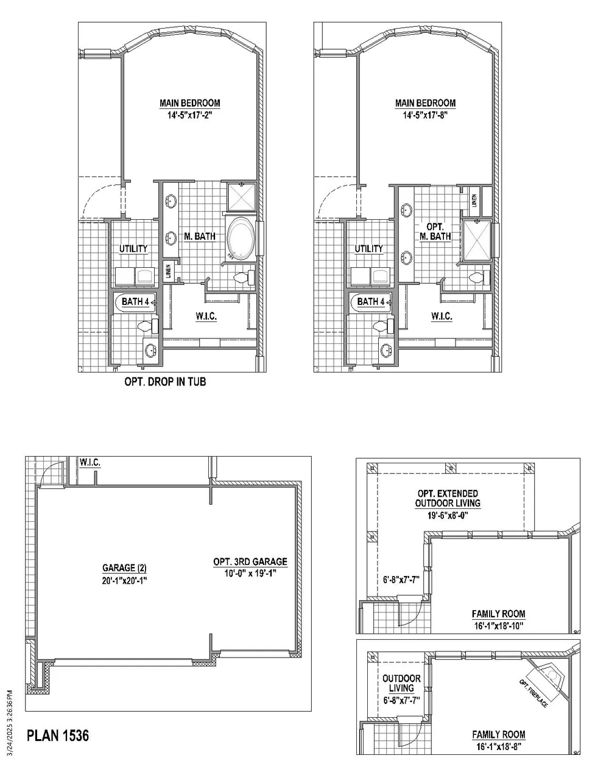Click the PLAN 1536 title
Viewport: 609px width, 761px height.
pos(58,735)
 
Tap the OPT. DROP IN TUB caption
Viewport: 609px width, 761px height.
pos(165,382)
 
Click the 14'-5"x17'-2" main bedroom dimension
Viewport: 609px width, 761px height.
pos(189,115)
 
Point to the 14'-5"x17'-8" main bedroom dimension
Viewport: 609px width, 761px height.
pos(425,115)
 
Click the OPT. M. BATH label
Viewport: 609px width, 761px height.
pos(435,231)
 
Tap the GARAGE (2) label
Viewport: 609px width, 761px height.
pos(124,568)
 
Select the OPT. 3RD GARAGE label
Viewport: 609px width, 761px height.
pos(250,562)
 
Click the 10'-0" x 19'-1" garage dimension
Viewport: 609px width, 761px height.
pos(250,573)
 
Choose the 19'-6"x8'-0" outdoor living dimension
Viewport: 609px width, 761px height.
pos(448,515)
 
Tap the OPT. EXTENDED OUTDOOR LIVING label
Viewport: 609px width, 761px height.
pos(448,498)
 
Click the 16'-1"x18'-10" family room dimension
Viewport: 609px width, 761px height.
pos(499,626)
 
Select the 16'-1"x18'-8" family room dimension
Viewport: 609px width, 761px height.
pos(499,747)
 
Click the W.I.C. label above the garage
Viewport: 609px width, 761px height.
pos(90,463)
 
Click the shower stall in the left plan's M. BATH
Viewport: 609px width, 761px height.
pos(241,197)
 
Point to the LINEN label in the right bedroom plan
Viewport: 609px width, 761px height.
pos(474,201)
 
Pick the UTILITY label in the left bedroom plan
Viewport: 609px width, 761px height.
pos(133,248)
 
